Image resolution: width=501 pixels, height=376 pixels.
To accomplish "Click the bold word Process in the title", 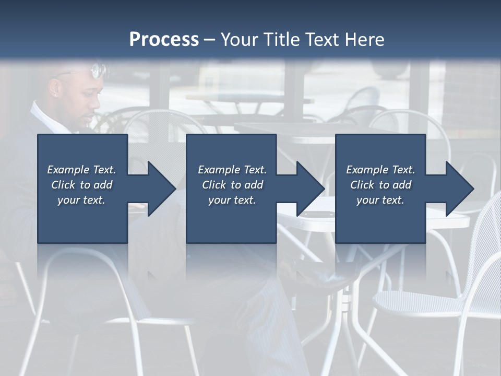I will point(164,39).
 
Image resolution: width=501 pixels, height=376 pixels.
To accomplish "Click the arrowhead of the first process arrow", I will point(161,189).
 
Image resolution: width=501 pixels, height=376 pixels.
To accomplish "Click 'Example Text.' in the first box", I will point(81,170).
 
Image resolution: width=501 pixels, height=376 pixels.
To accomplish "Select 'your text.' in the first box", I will point(81,200).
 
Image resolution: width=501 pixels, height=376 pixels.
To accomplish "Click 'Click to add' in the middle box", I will point(232,185).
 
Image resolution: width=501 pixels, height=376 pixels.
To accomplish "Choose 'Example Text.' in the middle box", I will point(232,170).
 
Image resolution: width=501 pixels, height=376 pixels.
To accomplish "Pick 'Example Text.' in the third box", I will point(380,170).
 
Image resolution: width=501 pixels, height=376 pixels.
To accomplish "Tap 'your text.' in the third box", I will point(380,200).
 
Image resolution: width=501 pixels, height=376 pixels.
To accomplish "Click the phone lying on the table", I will point(316,214).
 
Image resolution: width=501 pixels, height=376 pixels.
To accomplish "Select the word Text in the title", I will point(319,39).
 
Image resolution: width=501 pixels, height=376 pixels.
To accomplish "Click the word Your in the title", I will point(239,39).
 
